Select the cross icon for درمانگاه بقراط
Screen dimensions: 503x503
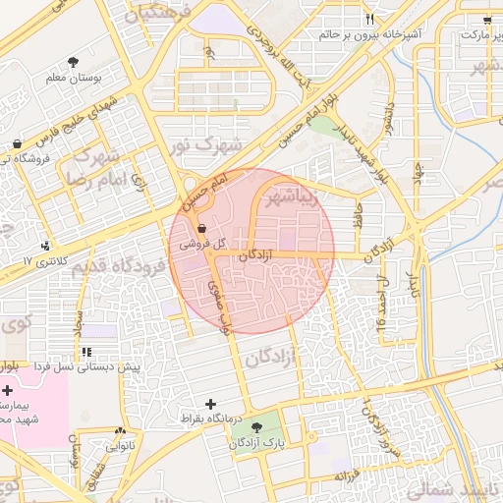click(209, 404)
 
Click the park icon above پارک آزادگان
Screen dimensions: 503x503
click(257, 428)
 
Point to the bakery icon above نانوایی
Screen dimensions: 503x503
click(121, 431)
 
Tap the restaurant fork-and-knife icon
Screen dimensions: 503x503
click(370, 19)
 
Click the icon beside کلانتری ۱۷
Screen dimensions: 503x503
click(45, 246)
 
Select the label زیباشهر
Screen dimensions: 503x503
click(294, 196)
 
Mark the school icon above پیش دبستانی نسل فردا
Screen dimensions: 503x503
click(87, 351)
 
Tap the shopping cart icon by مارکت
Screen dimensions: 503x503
click(487, 19)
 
